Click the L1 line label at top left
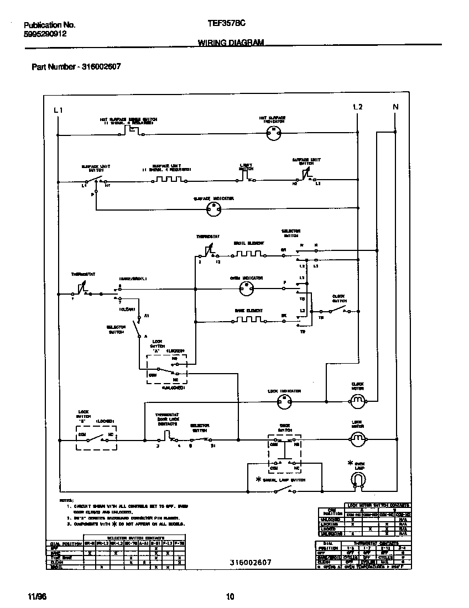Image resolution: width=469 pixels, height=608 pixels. tap(58, 110)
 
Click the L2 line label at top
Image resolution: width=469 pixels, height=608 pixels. tap(357, 107)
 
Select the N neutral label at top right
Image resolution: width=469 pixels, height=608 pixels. tap(395, 107)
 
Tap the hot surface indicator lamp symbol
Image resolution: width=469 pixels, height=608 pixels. tap(272, 132)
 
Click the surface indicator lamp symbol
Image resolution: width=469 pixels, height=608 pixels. tap(213, 208)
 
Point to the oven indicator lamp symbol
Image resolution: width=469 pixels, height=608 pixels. tap(246, 288)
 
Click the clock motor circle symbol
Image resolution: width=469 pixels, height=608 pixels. tap(358, 400)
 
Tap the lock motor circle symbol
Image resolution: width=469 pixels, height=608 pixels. tap(358, 439)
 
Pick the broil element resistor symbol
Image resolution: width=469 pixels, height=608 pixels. tap(248, 255)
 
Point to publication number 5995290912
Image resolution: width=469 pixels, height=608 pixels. tap(46, 34)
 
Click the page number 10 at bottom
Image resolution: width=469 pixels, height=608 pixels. tap(231, 596)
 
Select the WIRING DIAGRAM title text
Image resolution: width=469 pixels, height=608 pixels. tap(231, 43)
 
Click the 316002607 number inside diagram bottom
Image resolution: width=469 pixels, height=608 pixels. tap(251, 562)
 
